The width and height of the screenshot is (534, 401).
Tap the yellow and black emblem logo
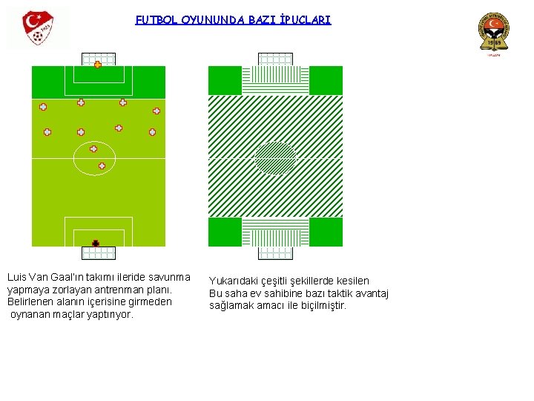pyautogui.click(x=493, y=34)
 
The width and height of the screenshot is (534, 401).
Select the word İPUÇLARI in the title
pyautogui.click(x=304, y=20)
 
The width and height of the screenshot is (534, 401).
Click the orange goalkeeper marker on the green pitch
pyautogui.click(x=98, y=65)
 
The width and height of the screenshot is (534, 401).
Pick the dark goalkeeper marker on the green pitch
pyautogui.click(x=96, y=243)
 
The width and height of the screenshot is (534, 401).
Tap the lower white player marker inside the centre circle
pyautogui.click(x=102, y=166)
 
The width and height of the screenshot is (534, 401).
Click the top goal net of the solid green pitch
pyautogui.click(x=99, y=59)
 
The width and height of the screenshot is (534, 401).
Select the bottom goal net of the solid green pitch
pyautogui.click(x=99, y=252)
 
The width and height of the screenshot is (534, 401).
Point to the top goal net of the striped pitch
pyautogui.click(x=275, y=59)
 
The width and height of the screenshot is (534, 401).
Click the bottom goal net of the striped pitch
pyautogui.click(x=275, y=252)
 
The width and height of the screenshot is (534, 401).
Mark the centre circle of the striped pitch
pyautogui.click(x=275, y=158)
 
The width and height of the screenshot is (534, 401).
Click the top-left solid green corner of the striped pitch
pyautogui.click(x=225, y=80)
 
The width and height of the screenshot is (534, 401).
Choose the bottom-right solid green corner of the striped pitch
pyautogui.click(x=326, y=232)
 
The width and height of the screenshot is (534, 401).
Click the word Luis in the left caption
pyautogui.click(x=16, y=277)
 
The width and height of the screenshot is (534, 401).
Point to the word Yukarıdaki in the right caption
pyautogui.click(x=232, y=281)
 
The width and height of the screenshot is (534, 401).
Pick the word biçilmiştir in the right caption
pyautogui.click(x=321, y=305)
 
